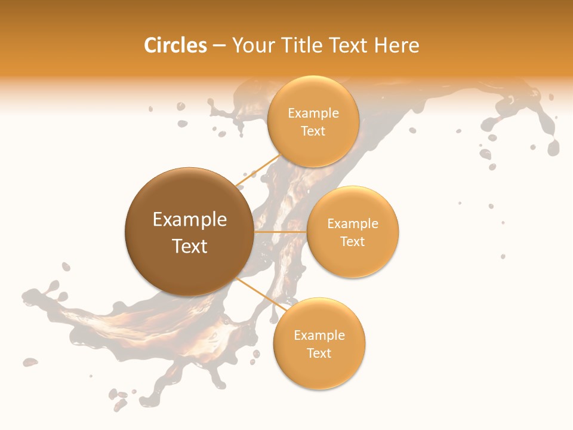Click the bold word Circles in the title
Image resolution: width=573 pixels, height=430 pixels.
(175, 45)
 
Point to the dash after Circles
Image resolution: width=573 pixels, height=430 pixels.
(219, 46)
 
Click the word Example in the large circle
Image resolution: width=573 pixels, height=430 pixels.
(190, 220)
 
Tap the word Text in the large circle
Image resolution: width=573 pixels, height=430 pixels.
(190, 246)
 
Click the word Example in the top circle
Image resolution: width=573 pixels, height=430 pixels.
(313, 113)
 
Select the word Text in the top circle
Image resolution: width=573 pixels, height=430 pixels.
(313, 131)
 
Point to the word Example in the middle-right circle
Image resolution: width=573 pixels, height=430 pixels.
(352, 224)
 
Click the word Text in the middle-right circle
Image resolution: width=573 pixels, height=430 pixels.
(352, 242)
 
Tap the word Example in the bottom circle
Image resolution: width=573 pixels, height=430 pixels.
(319, 336)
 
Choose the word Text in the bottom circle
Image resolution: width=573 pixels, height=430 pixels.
(319, 354)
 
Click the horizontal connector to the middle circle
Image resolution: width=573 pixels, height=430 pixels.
(280, 232)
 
